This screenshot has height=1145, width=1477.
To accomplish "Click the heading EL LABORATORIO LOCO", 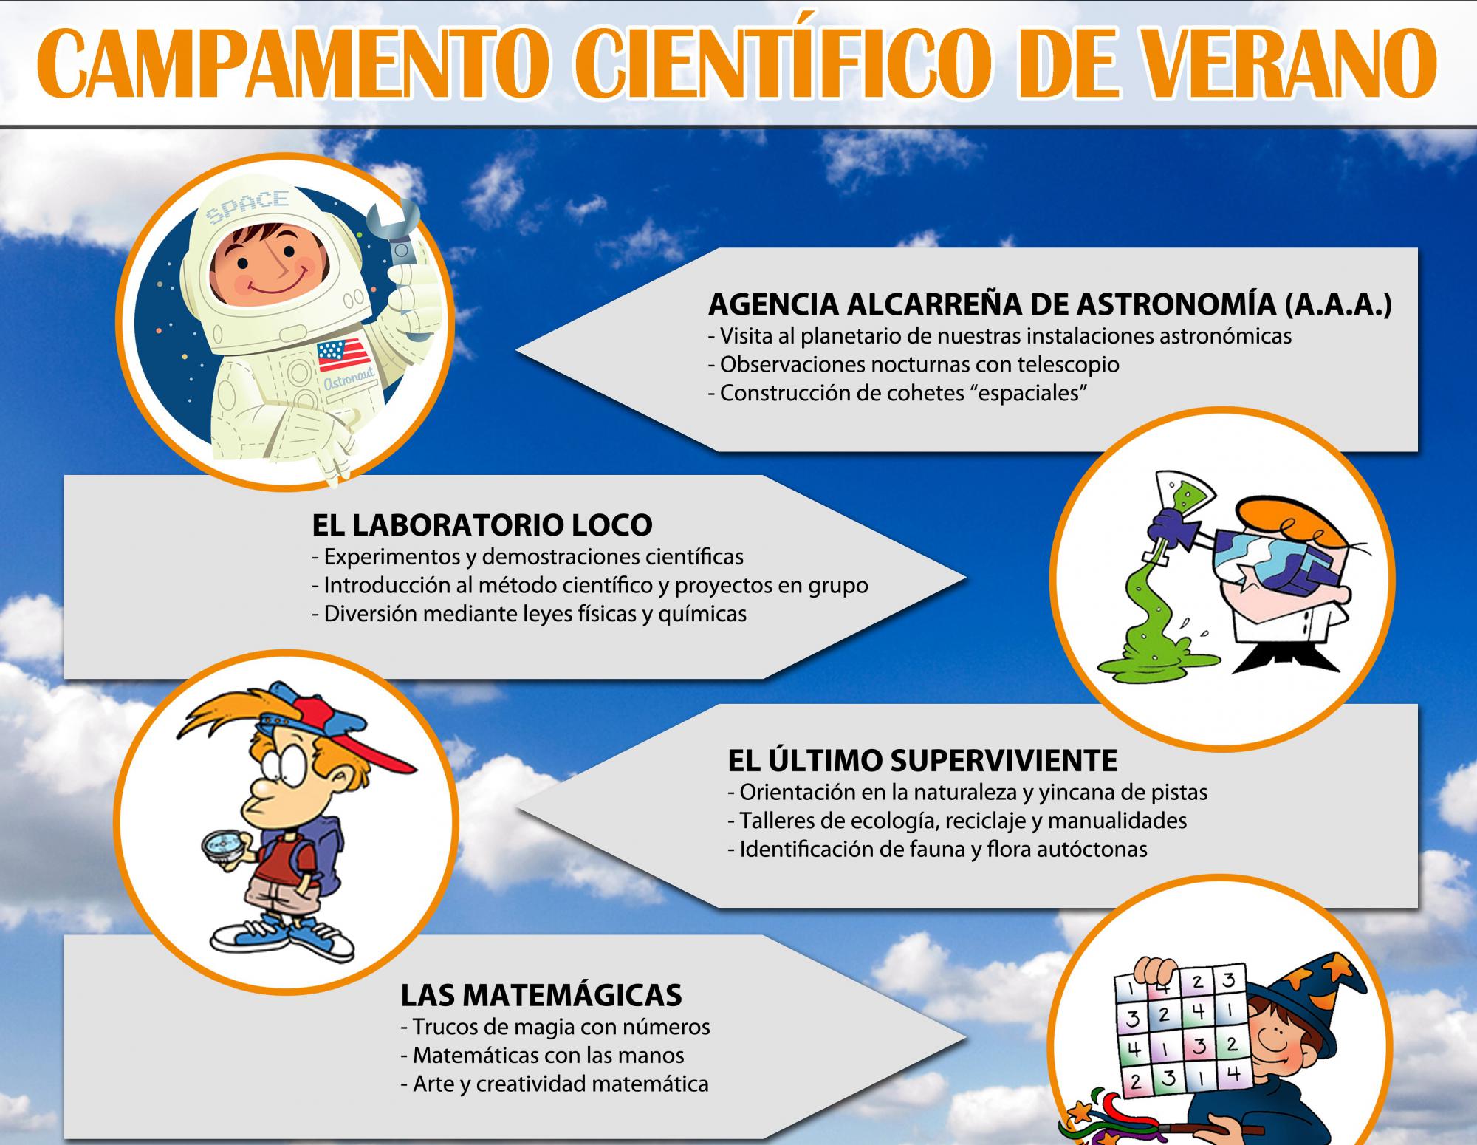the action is pos(482,525).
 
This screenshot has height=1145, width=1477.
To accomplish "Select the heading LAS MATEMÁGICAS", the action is pos(541,996).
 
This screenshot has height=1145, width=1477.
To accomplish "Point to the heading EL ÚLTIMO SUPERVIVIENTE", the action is pos(922,760).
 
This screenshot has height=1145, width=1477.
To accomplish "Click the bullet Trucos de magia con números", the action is pos(555,1027).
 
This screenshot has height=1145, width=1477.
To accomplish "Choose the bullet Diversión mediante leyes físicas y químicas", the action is pos(530,614).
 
